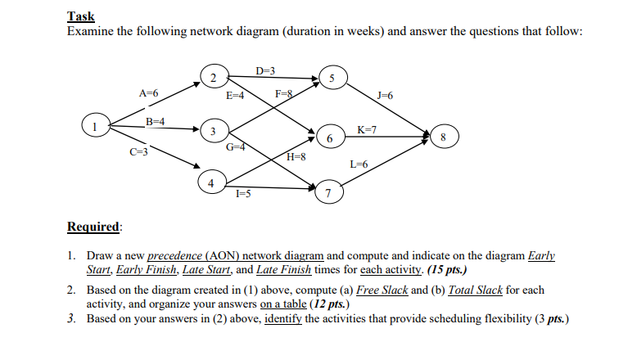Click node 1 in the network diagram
pos(96,126)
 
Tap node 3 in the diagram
pos(213,132)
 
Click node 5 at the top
pos(332,79)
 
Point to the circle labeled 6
pos(329,139)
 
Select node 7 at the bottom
pos(328,193)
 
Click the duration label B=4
pos(156,121)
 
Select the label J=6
pos(382,96)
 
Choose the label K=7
pos(367,129)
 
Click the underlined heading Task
pos(80,16)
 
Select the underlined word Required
pos(93,226)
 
